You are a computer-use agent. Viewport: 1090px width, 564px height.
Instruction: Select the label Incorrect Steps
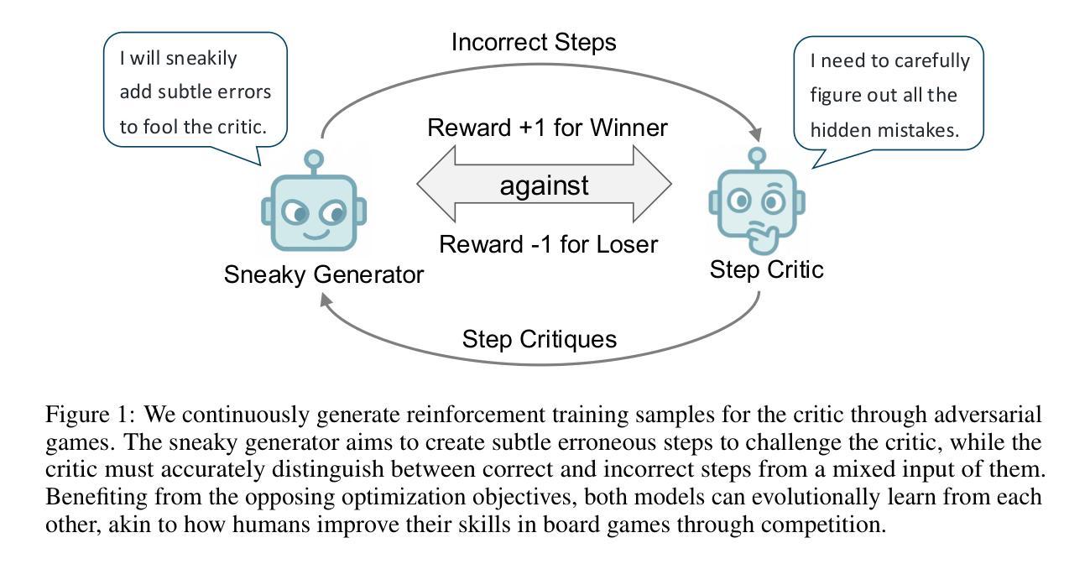pos(534,42)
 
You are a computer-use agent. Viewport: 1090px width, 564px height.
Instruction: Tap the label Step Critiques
pos(540,339)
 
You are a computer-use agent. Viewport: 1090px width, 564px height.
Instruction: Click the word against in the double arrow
pos(544,185)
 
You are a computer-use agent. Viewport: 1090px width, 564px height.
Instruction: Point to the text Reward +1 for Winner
pos(547,128)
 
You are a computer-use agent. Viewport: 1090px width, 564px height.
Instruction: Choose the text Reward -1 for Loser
pos(549,244)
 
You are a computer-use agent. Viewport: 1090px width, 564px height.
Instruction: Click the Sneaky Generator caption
pos(324,275)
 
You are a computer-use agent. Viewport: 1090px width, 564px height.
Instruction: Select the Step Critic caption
pos(766,269)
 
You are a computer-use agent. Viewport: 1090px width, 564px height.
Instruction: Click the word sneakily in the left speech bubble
pos(201,59)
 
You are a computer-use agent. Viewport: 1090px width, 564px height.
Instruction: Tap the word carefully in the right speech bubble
pos(932,61)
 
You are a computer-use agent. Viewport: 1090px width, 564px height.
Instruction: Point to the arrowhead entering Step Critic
pos(755,133)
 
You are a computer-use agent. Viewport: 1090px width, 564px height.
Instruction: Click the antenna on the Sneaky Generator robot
pos(314,162)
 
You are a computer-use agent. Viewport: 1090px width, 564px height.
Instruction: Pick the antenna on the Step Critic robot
pos(757,158)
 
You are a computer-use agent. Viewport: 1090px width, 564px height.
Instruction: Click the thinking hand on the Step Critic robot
pos(763,238)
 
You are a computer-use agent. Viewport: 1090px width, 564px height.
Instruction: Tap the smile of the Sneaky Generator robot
pos(316,236)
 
